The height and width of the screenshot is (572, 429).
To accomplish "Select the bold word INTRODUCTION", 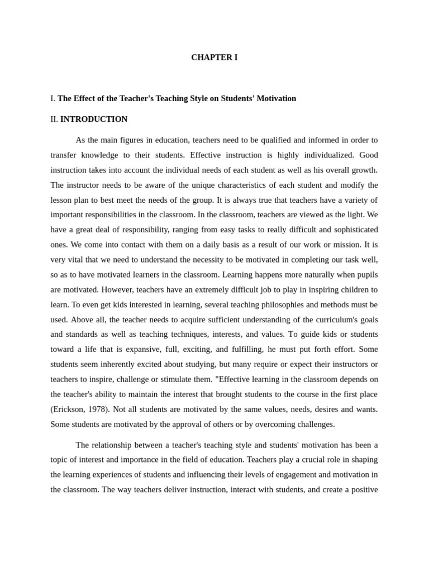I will (x=94, y=119).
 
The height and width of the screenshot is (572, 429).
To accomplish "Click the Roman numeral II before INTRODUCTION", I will (x=54, y=119).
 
